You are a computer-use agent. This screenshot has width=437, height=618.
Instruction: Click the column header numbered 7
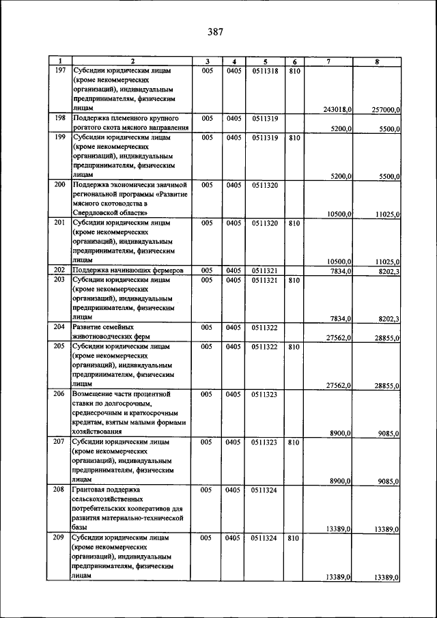328,61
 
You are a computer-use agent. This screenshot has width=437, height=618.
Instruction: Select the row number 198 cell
59,118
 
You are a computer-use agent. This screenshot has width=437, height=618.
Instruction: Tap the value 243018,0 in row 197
337,109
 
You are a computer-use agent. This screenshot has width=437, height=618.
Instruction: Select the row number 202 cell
59,270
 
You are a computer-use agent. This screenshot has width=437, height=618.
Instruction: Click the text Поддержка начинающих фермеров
127,270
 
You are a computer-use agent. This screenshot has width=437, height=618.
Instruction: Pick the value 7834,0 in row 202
339,270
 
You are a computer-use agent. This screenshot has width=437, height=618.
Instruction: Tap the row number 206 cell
59,394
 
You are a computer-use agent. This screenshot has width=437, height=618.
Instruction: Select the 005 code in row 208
206,490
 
